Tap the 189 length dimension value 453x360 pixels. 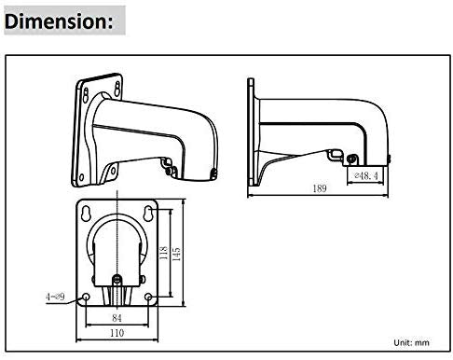(x=319, y=189)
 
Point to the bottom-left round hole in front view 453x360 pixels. (x=88, y=298)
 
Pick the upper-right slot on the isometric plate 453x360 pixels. (x=118, y=86)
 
